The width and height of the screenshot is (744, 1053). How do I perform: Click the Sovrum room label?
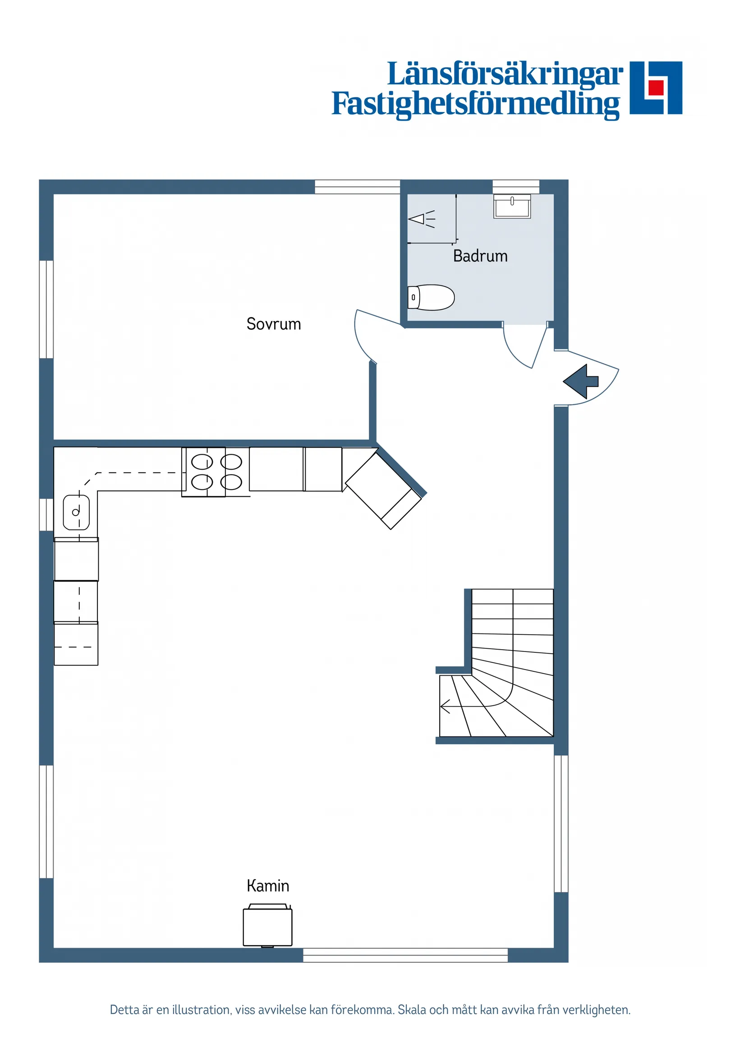[x=274, y=324]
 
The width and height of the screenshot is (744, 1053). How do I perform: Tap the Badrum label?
[x=480, y=256]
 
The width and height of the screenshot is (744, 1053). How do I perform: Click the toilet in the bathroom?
[x=431, y=298]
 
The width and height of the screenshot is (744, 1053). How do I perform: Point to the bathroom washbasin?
[x=512, y=206]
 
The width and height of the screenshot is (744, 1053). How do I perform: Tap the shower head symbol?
[x=421, y=219]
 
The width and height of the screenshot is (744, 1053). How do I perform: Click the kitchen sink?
[x=76, y=512]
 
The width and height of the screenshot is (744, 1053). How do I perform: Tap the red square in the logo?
[x=657, y=87]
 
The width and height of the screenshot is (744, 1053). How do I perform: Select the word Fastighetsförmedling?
[x=475, y=104]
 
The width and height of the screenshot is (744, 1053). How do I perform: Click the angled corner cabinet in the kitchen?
[x=383, y=491]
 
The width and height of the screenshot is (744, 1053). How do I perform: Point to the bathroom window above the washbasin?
[x=516, y=187]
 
